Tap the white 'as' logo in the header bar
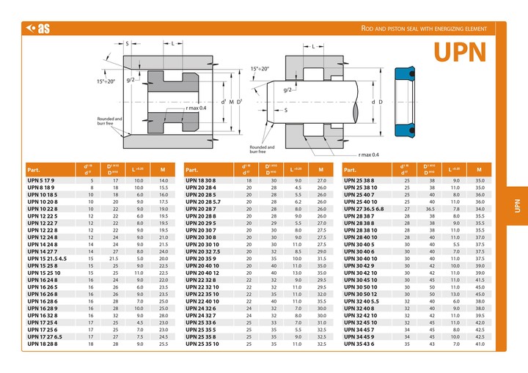point(38,29)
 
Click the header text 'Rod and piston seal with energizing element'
point(424,29)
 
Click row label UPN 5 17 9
point(43,180)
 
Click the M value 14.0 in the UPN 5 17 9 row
point(164,180)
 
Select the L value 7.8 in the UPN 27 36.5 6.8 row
point(455,209)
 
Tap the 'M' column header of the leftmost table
point(163,169)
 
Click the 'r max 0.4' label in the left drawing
point(197,108)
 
